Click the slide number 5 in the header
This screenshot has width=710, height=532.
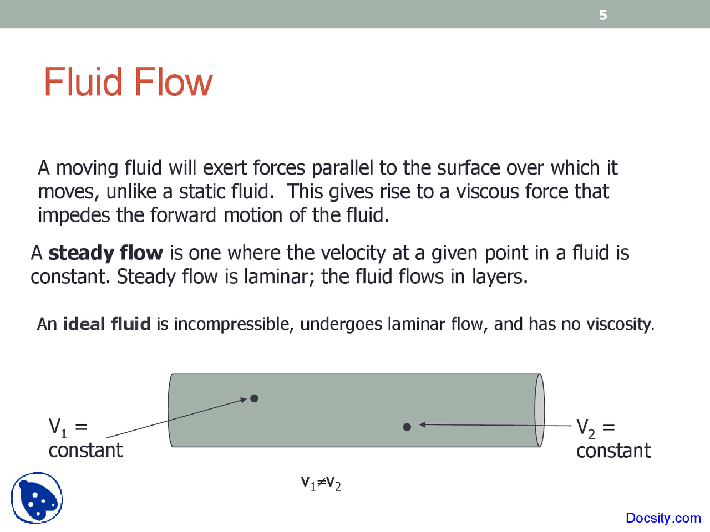pyautogui.click(x=603, y=15)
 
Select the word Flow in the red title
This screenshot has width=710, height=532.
pyautogui.click(x=173, y=83)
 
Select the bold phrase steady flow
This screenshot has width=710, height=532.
pyautogui.click(x=105, y=253)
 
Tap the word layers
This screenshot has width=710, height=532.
pyautogui.click(x=499, y=277)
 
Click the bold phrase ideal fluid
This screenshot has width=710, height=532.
pyautogui.click(x=106, y=324)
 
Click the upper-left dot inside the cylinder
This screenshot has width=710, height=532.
pyautogui.click(x=254, y=398)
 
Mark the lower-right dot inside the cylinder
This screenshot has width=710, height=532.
pyautogui.click(x=407, y=427)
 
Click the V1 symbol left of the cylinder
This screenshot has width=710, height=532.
pyautogui.click(x=58, y=427)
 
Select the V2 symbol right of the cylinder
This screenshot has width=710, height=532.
pyautogui.click(x=586, y=427)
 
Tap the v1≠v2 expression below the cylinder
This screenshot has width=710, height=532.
pyautogui.click(x=321, y=483)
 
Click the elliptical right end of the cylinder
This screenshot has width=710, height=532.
pyautogui.click(x=539, y=410)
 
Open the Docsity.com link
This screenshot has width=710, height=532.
pyautogui.click(x=663, y=518)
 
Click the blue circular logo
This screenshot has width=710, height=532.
pyautogui.click(x=37, y=498)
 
